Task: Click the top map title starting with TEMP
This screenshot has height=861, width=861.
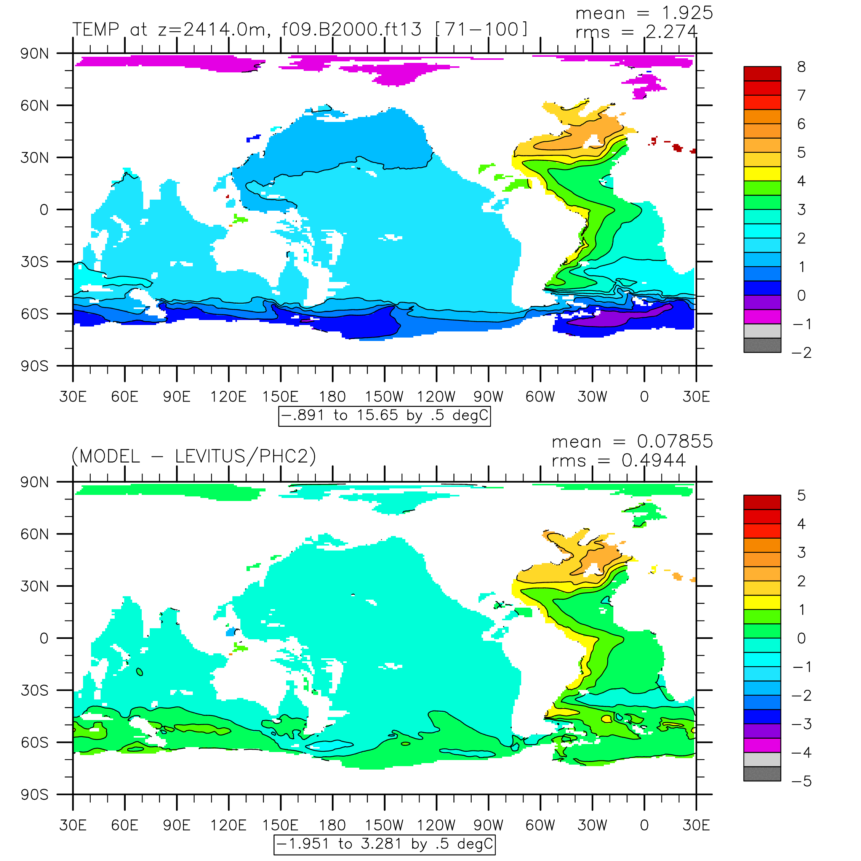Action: [300, 29]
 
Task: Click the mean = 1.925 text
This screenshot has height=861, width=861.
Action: [644, 13]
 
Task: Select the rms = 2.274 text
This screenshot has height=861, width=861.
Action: [636, 32]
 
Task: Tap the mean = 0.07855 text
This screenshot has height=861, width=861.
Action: [632, 441]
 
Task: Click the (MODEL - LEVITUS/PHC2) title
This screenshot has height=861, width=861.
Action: [194, 456]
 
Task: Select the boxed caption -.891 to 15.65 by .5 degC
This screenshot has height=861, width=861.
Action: [385, 415]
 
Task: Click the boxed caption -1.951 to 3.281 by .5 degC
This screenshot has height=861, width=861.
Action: [385, 844]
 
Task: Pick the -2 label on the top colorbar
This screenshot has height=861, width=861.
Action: [801, 353]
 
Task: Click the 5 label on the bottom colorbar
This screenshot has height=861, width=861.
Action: [801, 496]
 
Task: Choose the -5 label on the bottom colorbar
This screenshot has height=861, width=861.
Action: [801, 781]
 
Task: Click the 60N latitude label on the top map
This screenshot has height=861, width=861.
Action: [34, 106]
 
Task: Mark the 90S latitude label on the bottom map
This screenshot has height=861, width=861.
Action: [34, 794]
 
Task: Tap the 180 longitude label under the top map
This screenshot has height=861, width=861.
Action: [333, 396]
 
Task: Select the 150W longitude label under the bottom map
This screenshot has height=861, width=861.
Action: [384, 825]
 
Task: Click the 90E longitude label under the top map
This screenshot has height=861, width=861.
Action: [176, 396]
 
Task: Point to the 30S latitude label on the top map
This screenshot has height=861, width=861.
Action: [34, 262]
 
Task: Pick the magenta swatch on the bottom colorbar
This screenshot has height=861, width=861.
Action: [762, 745]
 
